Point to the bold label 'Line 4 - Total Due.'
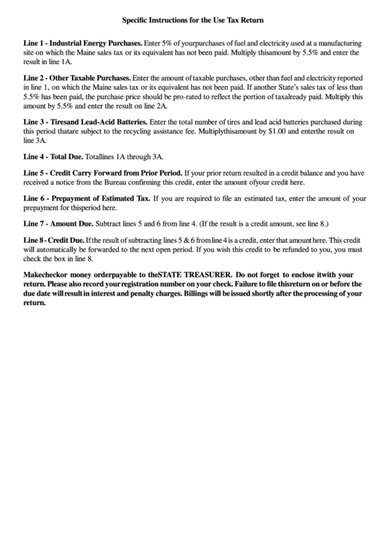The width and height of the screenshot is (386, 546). pyautogui.click(x=53, y=157)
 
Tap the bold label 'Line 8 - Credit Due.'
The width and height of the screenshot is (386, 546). pyautogui.click(x=53, y=240)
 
